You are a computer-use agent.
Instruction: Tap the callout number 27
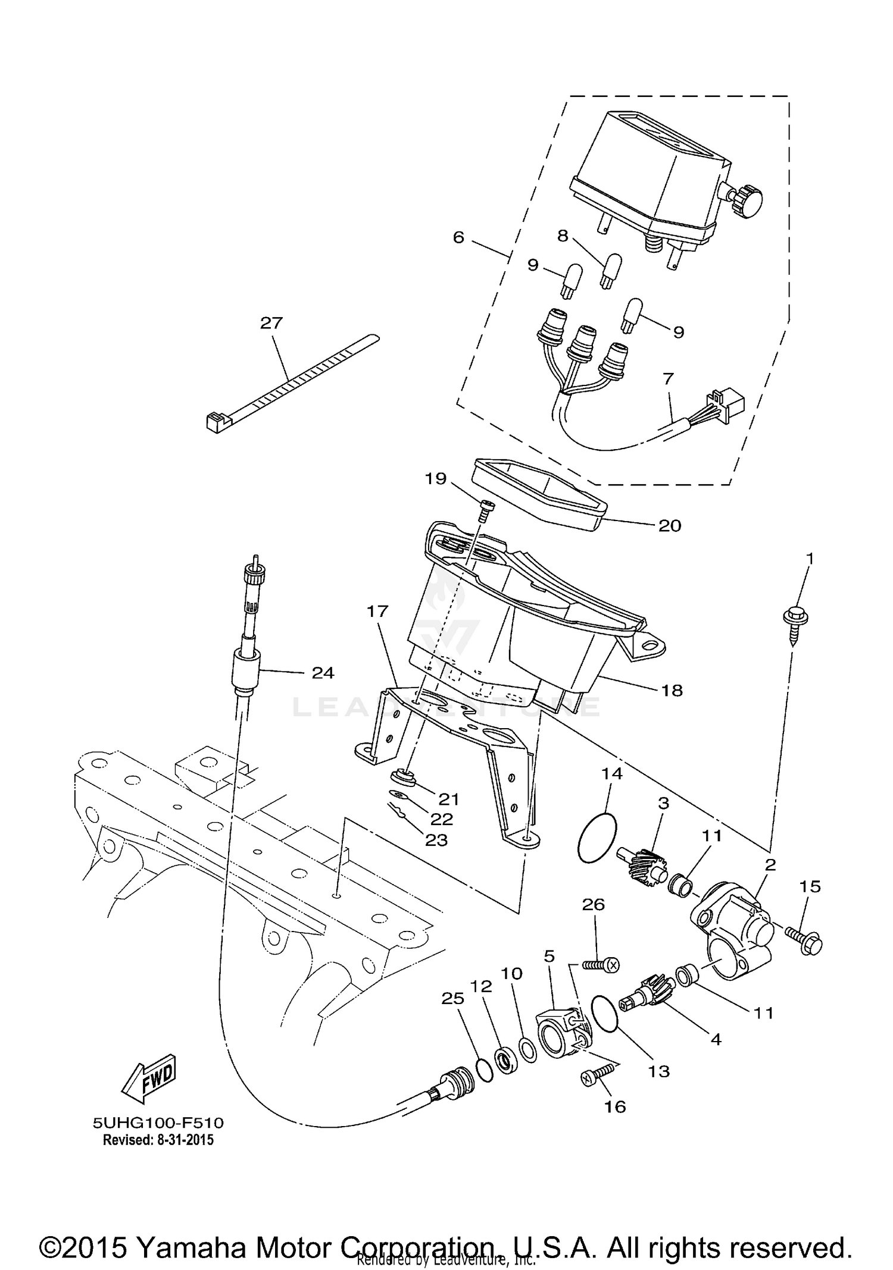[271, 324]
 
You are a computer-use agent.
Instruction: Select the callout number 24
[323, 673]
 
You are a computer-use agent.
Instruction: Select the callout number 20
[670, 526]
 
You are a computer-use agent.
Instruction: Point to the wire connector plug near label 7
[727, 405]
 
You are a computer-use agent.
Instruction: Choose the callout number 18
[672, 691]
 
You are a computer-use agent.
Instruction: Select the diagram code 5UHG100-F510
[158, 1123]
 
